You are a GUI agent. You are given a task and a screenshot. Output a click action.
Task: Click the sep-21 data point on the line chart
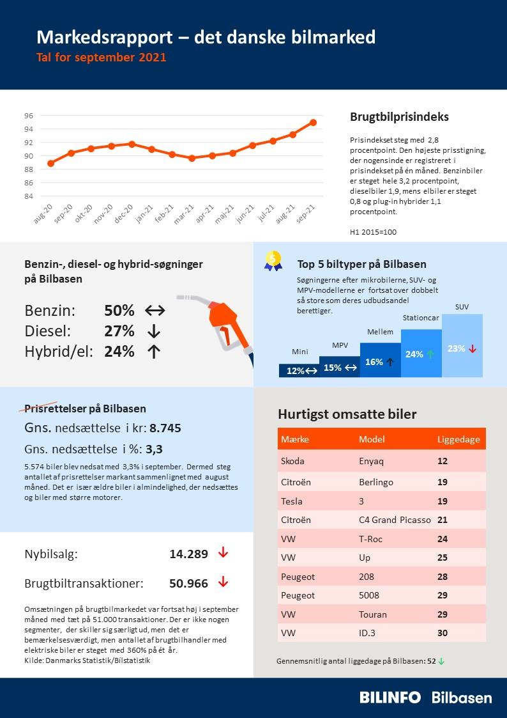pyautogui.click(x=313, y=122)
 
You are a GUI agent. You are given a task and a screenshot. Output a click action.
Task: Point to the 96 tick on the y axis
pyautogui.click(x=29, y=116)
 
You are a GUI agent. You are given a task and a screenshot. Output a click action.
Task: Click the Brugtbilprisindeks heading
pyautogui.click(x=399, y=117)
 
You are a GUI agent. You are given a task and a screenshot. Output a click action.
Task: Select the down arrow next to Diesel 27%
pyautogui.click(x=153, y=331)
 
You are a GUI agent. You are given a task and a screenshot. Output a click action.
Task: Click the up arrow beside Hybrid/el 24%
pyautogui.click(x=153, y=352)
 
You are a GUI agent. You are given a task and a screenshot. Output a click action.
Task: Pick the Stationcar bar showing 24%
pyautogui.click(x=421, y=353)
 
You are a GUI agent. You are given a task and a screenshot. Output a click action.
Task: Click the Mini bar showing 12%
pyautogui.click(x=299, y=371)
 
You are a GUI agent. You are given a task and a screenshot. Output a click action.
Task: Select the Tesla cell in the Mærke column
pyautogui.click(x=292, y=501)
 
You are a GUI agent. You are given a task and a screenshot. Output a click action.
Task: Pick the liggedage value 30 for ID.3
pyautogui.click(x=443, y=633)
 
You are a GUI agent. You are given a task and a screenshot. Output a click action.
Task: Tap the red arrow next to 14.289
pyautogui.click(x=223, y=553)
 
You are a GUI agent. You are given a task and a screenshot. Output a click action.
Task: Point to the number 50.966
pyautogui.click(x=188, y=583)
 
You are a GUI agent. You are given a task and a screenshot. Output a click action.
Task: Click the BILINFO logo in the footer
pyautogui.click(x=390, y=698)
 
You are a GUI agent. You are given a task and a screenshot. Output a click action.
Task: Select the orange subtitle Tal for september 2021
pyautogui.click(x=101, y=58)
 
